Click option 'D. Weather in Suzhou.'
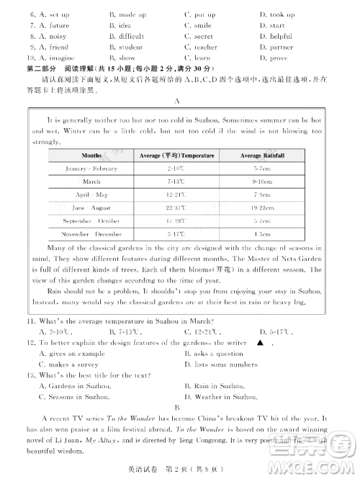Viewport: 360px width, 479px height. [222, 397]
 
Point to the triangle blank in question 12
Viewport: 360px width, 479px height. [260, 343]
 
